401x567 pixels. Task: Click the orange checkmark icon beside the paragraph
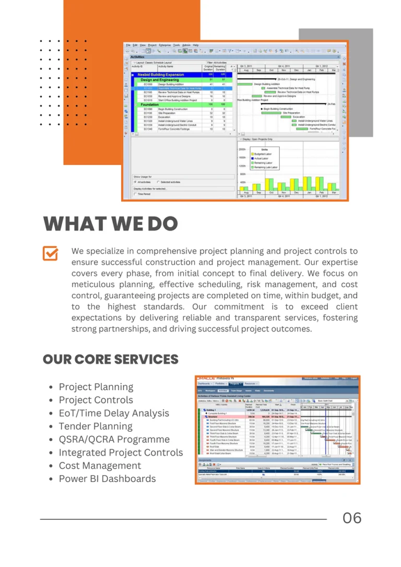click(50, 254)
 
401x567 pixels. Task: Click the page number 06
click(352, 518)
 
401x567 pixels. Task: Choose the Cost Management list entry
click(100, 466)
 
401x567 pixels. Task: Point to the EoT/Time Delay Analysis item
click(114, 413)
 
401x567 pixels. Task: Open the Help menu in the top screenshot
click(196, 45)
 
